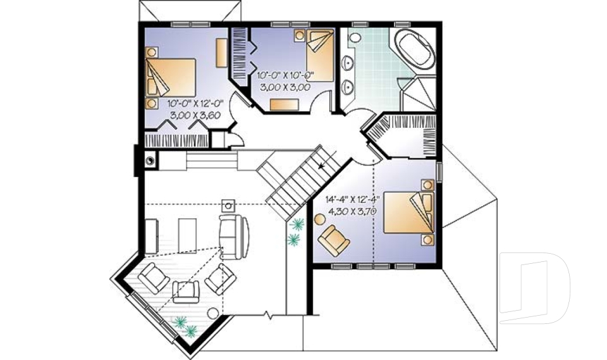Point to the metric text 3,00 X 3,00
coord(284,88)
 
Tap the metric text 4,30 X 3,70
coord(350,211)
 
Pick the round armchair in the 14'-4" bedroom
coord(333,241)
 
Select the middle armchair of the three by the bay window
coord(186,290)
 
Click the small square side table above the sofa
coord(228,205)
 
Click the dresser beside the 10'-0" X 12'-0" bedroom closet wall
coord(221,53)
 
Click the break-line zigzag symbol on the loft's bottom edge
coord(269,314)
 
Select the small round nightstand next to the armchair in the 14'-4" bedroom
coord(319,220)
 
